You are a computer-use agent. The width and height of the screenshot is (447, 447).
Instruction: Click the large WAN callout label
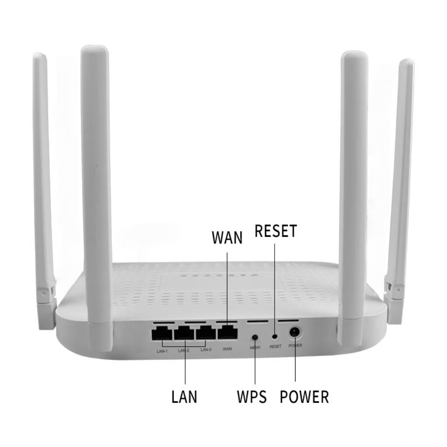tap(227, 238)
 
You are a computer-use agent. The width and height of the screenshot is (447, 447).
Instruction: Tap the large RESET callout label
tap(276, 231)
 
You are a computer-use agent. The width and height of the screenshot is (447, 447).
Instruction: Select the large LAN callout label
tap(184, 397)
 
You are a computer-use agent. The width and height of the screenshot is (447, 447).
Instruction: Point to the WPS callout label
tap(252, 397)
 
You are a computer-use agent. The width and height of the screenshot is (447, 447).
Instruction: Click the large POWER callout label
tap(304, 397)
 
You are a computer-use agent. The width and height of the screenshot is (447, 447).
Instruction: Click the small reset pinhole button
tap(275, 337)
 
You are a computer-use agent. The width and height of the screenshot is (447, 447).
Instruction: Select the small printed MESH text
tap(255, 348)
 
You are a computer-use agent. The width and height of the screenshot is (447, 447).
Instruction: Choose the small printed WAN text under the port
tap(227, 348)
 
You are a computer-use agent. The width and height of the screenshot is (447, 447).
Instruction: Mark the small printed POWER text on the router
tap(295, 346)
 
